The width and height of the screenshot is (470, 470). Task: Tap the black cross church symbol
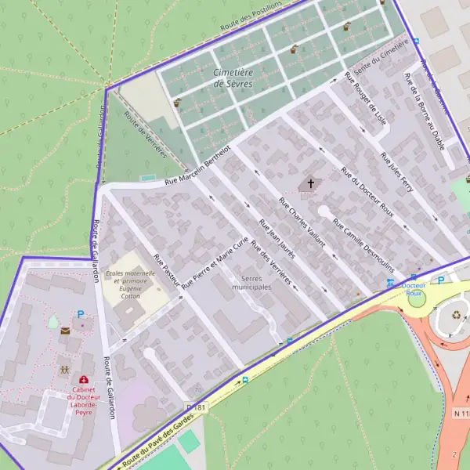[x=310, y=184]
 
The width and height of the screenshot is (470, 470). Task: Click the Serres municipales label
[x=245, y=283]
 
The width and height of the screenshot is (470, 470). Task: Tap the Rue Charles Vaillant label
[x=302, y=223]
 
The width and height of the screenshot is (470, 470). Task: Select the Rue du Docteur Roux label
[x=367, y=192]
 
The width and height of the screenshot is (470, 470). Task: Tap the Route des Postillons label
[x=251, y=15]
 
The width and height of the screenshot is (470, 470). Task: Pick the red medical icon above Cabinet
[x=84, y=380]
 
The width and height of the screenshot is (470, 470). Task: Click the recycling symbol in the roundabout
[x=457, y=316]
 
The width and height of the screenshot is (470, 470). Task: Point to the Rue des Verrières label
[x=272, y=264]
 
